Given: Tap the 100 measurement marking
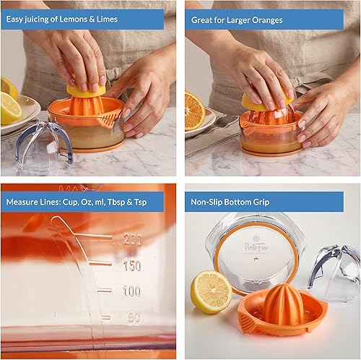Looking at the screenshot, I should (x=131, y=291).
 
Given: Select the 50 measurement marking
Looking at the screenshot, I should (x=133, y=317).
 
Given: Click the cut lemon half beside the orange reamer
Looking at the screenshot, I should (x=211, y=291).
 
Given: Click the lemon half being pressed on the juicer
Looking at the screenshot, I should (x=85, y=89).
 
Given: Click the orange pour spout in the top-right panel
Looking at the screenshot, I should (x=247, y=127).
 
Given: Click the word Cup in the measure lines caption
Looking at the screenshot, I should (x=69, y=202).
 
